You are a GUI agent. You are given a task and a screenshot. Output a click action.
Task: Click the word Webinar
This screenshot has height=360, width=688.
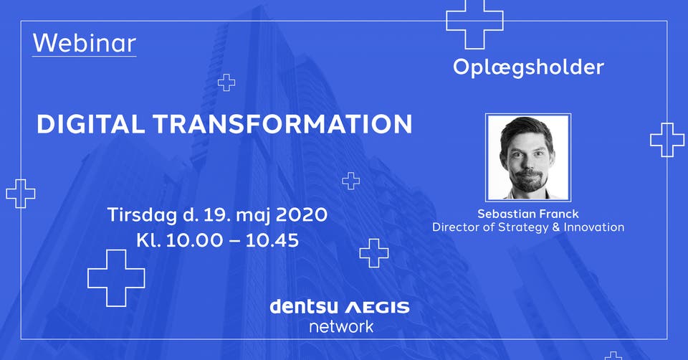pyautogui.click(x=85, y=43)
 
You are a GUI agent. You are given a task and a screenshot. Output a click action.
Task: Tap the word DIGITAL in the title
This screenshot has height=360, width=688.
pyautogui.click(x=90, y=124)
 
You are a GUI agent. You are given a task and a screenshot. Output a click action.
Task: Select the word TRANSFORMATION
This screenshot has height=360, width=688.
pyautogui.click(x=283, y=124)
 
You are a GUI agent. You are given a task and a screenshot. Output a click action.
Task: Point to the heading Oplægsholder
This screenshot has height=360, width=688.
pyautogui.click(x=528, y=67)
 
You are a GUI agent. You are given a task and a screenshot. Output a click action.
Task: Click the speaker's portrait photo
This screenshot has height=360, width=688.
pyautogui.click(x=528, y=158)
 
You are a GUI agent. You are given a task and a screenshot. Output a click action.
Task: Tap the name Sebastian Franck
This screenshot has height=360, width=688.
pyautogui.click(x=528, y=214)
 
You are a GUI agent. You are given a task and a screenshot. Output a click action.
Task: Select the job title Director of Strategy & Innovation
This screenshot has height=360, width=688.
pyautogui.click(x=528, y=227)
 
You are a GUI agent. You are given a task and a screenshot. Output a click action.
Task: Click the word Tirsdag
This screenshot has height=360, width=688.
pyautogui.click(x=142, y=215)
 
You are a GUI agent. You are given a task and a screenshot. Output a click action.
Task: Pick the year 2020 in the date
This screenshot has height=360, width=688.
pyautogui.click(x=302, y=214)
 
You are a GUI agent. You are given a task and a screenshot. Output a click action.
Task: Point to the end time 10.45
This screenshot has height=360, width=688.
pyautogui.click(x=272, y=240)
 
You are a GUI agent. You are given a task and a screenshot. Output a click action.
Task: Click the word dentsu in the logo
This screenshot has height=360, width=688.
pyautogui.click(x=303, y=306)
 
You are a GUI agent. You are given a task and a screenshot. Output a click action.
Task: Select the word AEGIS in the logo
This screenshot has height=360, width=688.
pyautogui.click(x=377, y=308)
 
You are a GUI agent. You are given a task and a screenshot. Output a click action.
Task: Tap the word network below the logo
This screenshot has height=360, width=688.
pyautogui.click(x=341, y=326)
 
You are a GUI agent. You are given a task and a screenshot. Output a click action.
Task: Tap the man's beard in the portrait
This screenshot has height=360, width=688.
pyautogui.click(x=529, y=181)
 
